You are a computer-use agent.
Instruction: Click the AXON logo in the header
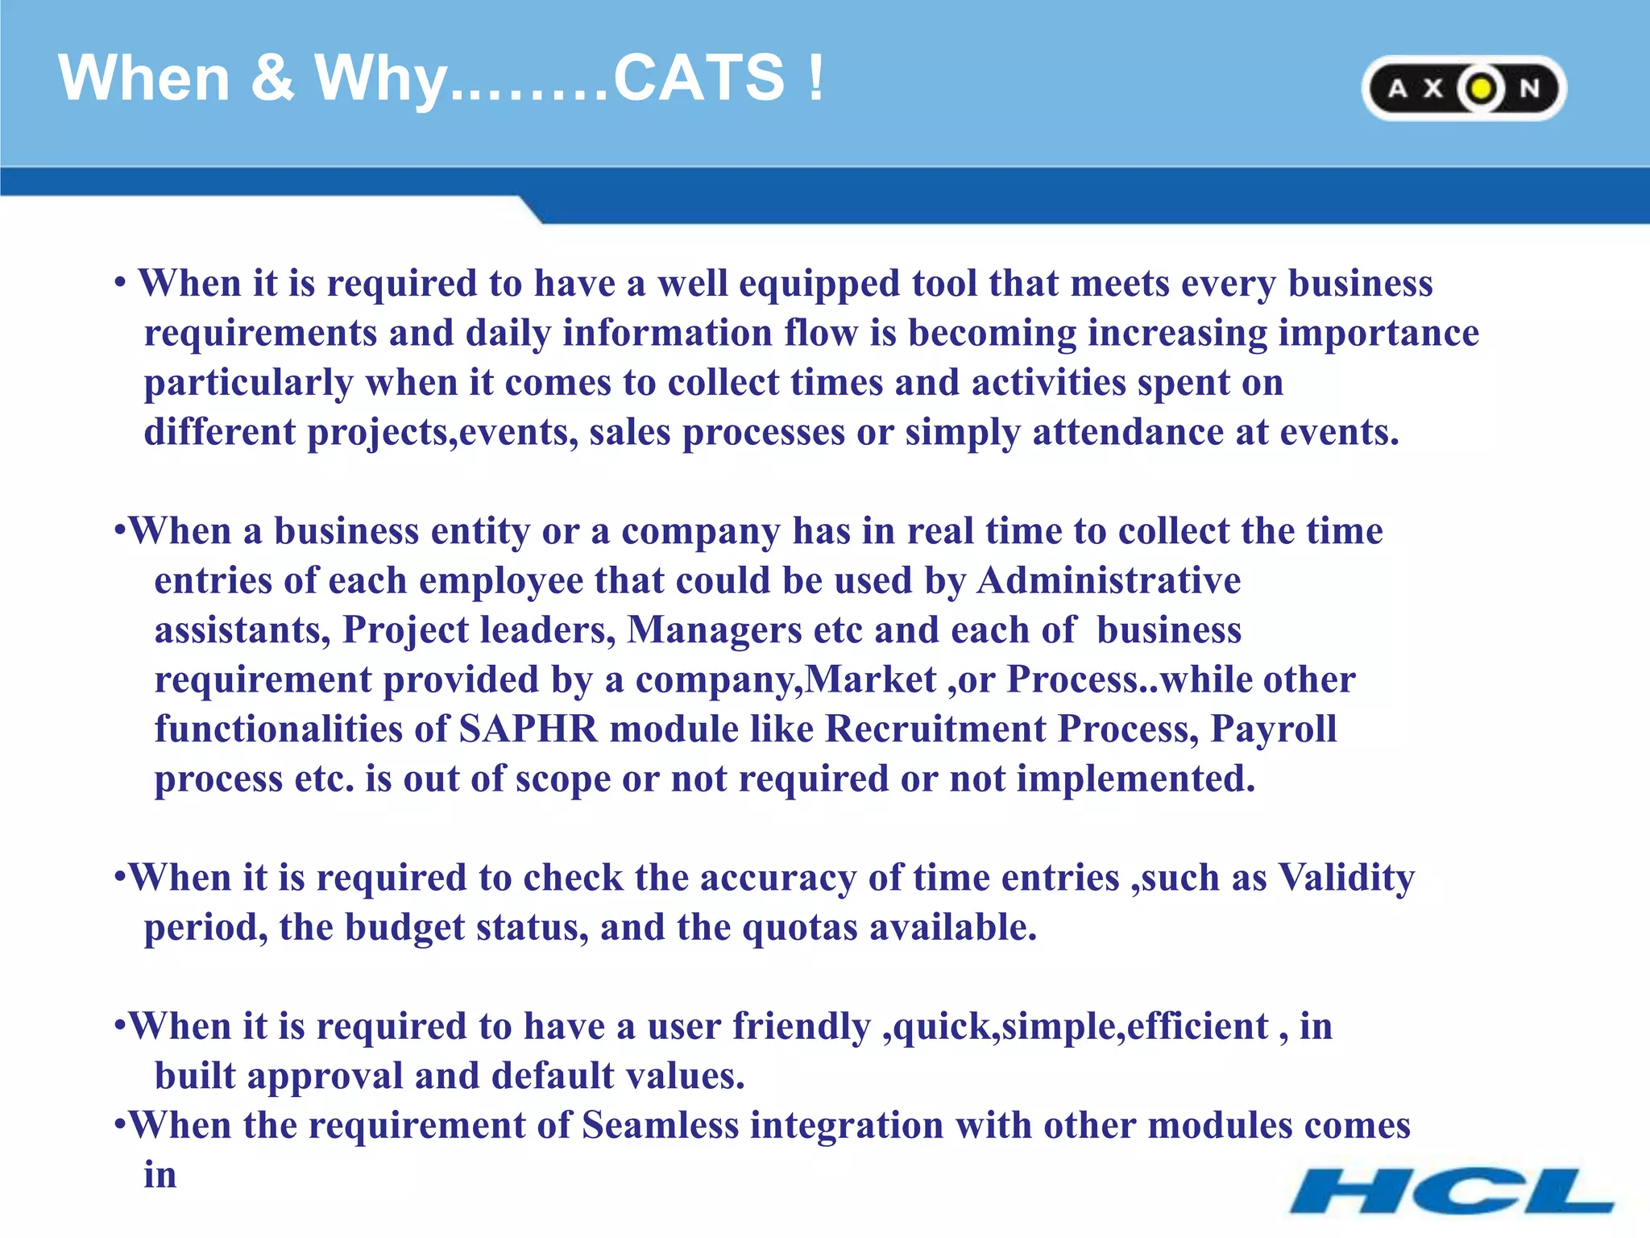(x=1463, y=88)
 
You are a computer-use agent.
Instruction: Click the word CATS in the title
(x=699, y=78)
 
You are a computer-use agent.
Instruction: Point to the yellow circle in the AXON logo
(x=1480, y=89)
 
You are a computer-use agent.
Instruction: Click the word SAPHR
(x=528, y=729)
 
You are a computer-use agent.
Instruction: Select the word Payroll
(x=1273, y=729)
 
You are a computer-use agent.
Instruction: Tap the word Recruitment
(x=935, y=729)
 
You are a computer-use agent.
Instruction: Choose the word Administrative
(x=1109, y=581)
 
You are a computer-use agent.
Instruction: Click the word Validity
(x=1346, y=878)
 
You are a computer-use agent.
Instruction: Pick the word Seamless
(x=659, y=1126)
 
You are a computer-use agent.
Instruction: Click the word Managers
(x=715, y=630)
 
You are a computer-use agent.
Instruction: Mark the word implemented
(x=1135, y=779)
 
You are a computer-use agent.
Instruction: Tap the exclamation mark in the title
(x=816, y=78)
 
